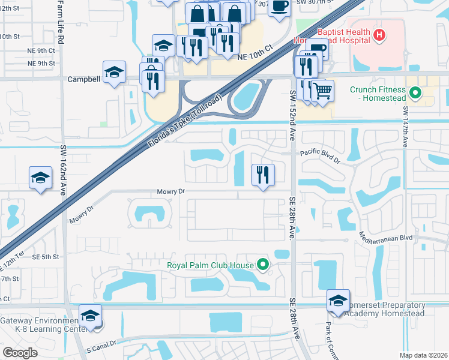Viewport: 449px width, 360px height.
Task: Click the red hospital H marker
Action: point(379,35)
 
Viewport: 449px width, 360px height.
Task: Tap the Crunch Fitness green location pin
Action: point(415,93)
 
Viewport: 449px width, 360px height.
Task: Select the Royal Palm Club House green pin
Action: point(262,264)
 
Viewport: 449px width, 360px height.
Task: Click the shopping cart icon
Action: point(322,91)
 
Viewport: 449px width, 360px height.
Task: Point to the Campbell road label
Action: point(83,79)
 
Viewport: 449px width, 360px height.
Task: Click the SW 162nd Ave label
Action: point(63,170)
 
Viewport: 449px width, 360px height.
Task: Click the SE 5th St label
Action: point(46,257)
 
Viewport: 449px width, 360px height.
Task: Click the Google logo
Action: point(20,352)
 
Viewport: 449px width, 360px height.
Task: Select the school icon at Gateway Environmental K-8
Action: point(91,316)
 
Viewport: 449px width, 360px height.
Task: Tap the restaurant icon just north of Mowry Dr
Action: point(263,175)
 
